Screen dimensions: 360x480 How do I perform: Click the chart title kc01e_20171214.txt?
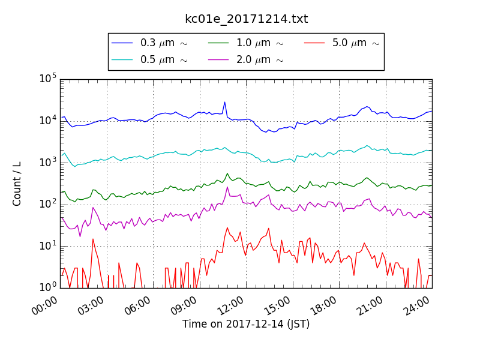246,19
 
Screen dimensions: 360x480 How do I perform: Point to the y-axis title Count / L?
17,183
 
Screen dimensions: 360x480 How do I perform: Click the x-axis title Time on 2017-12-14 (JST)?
246,324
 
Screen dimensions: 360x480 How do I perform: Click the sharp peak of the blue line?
224,102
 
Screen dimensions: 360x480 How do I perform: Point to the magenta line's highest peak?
227,187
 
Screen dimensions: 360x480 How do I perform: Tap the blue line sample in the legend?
122,43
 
